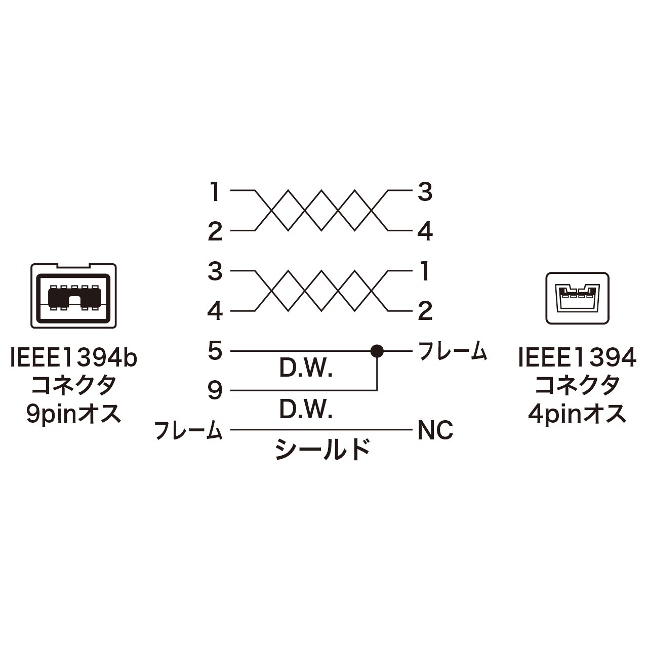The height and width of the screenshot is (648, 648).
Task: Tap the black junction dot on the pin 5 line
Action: [x=377, y=350]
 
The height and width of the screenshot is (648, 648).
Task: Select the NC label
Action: [x=435, y=431]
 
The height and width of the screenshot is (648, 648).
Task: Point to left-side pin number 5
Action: [x=215, y=351]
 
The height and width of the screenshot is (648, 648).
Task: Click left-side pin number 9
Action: [x=215, y=390]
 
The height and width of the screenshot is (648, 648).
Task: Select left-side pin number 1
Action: [x=215, y=192]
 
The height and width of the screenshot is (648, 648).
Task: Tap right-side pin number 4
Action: [x=425, y=232]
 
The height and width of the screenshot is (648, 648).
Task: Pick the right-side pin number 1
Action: [x=425, y=272]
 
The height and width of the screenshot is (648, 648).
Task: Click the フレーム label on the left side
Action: [x=188, y=431]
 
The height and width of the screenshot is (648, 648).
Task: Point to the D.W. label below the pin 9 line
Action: [x=306, y=410]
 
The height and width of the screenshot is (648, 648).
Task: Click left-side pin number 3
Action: [x=215, y=272]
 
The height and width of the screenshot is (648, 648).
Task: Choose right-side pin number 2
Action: [x=425, y=311]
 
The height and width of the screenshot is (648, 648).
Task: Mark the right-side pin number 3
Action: [x=425, y=192]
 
